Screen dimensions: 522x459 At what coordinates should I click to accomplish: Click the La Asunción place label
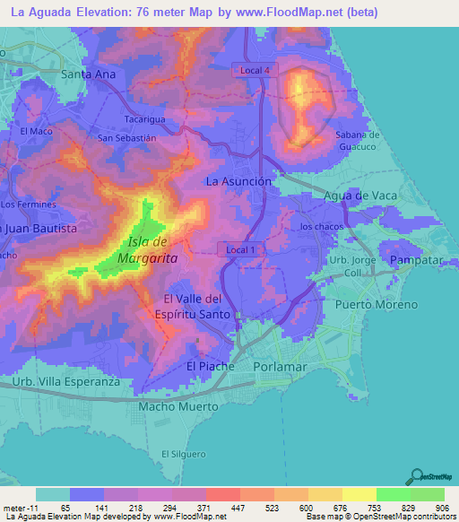click(x=238, y=181)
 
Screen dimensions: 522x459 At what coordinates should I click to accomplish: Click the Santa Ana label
click(x=89, y=74)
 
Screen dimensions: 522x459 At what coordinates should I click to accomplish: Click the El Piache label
click(x=210, y=366)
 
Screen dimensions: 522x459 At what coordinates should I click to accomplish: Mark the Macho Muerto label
click(x=178, y=406)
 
